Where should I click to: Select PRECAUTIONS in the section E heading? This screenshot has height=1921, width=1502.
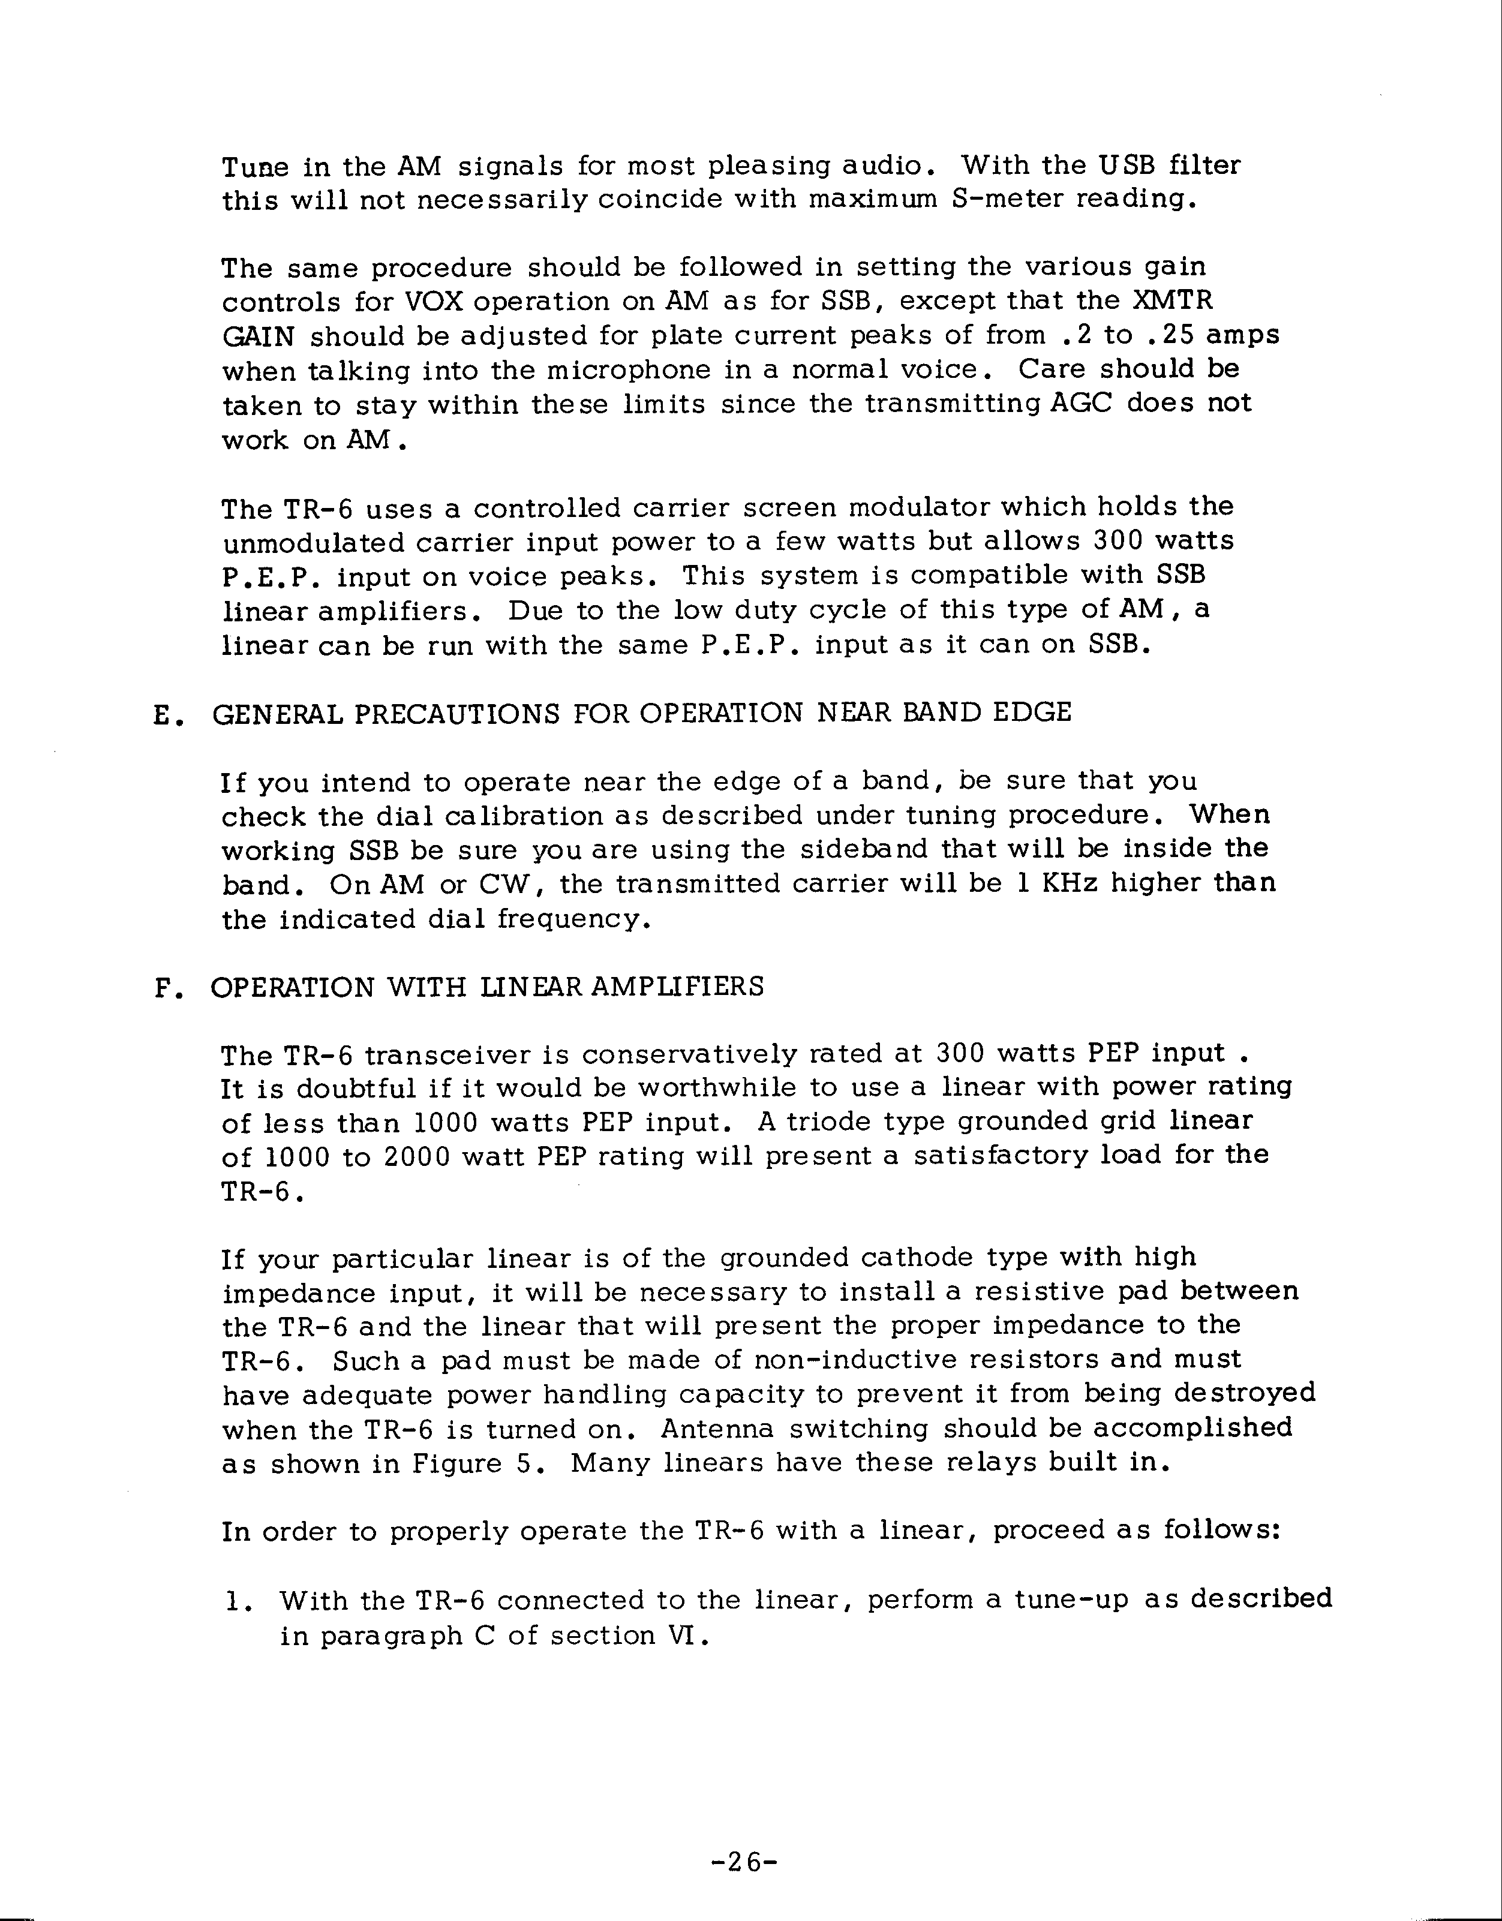click(x=456, y=713)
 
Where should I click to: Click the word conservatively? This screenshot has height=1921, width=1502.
click(x=689, y=1054)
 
